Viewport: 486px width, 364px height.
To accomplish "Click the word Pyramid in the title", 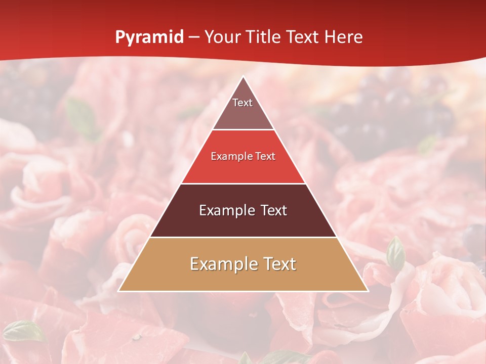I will [149, 37].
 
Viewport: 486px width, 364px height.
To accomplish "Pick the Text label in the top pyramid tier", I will [242, 103].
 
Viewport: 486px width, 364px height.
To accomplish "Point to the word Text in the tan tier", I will [279, 264].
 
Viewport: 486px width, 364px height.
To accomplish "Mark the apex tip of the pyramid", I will [243, 77].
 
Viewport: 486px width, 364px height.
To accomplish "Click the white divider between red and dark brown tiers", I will [243, 184].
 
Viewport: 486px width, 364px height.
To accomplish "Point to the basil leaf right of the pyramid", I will [395, 253].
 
